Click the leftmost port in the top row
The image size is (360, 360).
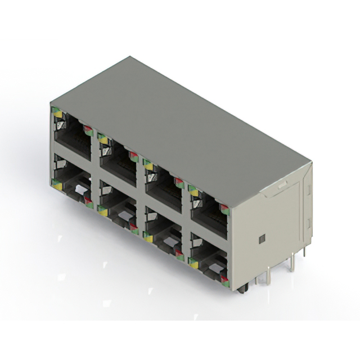pos(73,135)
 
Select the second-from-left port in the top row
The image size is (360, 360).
pos(118,157)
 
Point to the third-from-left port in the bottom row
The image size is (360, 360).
pos(163,231)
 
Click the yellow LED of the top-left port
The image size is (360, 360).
pos(57,114)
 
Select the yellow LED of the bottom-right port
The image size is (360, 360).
pos(193,261)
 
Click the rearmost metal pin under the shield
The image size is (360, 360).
pos(304,251)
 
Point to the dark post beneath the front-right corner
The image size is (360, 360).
pos(242,288)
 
